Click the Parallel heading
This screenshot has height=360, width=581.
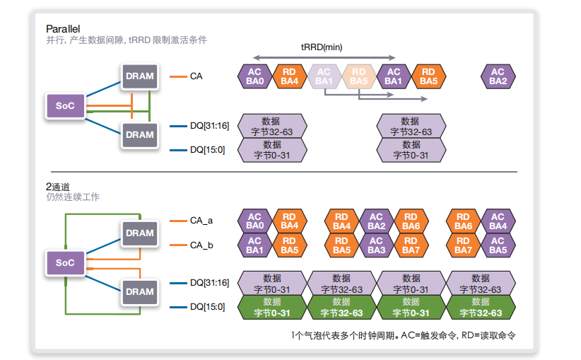(63, 28)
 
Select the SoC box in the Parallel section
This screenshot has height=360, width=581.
(65, 106)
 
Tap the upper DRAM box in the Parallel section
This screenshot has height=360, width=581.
(139, 76)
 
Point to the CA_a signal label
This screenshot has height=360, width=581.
(201, 221)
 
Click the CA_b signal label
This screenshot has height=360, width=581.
(201, 245)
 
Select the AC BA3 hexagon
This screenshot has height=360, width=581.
(376, 245)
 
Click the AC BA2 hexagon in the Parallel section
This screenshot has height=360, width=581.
(498, 76)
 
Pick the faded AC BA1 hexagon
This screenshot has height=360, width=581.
(324, 76)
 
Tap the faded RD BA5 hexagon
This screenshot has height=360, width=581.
(359, 76)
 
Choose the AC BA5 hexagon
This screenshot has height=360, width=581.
(498, 245)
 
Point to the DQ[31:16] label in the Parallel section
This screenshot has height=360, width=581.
(209, 126)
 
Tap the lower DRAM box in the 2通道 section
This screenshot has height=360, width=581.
(139, 291)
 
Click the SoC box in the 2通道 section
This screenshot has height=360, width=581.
(65, 262)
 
